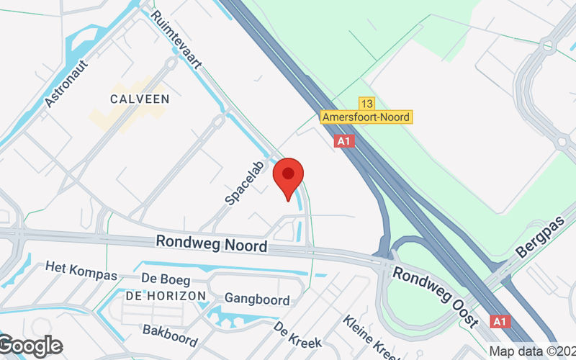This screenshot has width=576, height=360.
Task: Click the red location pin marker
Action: pyautogui.click(x=288, y=176)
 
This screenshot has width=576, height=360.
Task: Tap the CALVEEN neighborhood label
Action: pyautogui.click(x=140, y=98)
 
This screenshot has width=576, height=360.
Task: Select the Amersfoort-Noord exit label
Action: pyautogui.click(x=366, y=117)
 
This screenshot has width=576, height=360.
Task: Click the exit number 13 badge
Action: pyautogui.click(x=366, y=104)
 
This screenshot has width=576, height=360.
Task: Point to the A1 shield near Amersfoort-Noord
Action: pyautogui.click(x=345, y=142)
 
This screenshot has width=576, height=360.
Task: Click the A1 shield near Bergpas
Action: pyautogui.click(x=500, y=320)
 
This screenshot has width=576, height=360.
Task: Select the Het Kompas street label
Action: pyautogui.click(x=81, y=271)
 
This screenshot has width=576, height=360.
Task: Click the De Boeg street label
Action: pyautogui.click(x=166, y=279)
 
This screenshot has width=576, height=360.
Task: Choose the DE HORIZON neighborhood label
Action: pyautogui.click(x=166, y=295)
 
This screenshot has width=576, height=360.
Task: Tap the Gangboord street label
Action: pyautogui.click(x=257, y=300)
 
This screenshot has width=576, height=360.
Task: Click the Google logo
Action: pyautogui.click(x=30, y=346)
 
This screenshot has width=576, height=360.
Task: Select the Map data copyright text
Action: pyautogui.click(x=532, y=351)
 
